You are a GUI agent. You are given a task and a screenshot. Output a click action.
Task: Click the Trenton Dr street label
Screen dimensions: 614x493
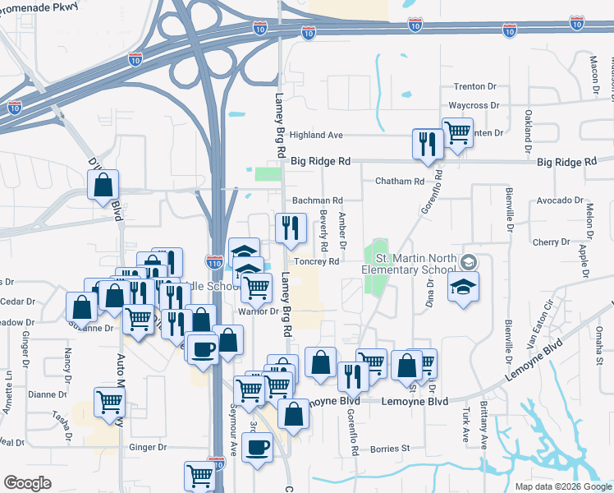(x=475, y=86)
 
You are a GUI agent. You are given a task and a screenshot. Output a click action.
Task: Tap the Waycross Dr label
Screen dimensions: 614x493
(x=474, y=105)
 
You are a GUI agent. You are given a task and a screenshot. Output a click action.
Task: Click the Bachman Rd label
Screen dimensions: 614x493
(x=317, y=200)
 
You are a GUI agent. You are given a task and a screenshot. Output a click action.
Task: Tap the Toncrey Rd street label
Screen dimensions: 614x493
(x=316, y=262)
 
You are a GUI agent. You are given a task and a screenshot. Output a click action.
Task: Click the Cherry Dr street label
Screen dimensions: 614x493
(x=550, y=242)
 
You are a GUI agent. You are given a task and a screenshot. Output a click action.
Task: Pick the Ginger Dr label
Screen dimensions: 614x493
(x=148, y=448)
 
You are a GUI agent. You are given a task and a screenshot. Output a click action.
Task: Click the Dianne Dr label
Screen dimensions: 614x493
(x=47, y=394)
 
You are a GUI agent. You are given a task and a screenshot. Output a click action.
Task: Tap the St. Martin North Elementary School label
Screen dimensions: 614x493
(x=410, y=265)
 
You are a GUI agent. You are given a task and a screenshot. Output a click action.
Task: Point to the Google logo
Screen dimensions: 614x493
(x=28, y=483)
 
